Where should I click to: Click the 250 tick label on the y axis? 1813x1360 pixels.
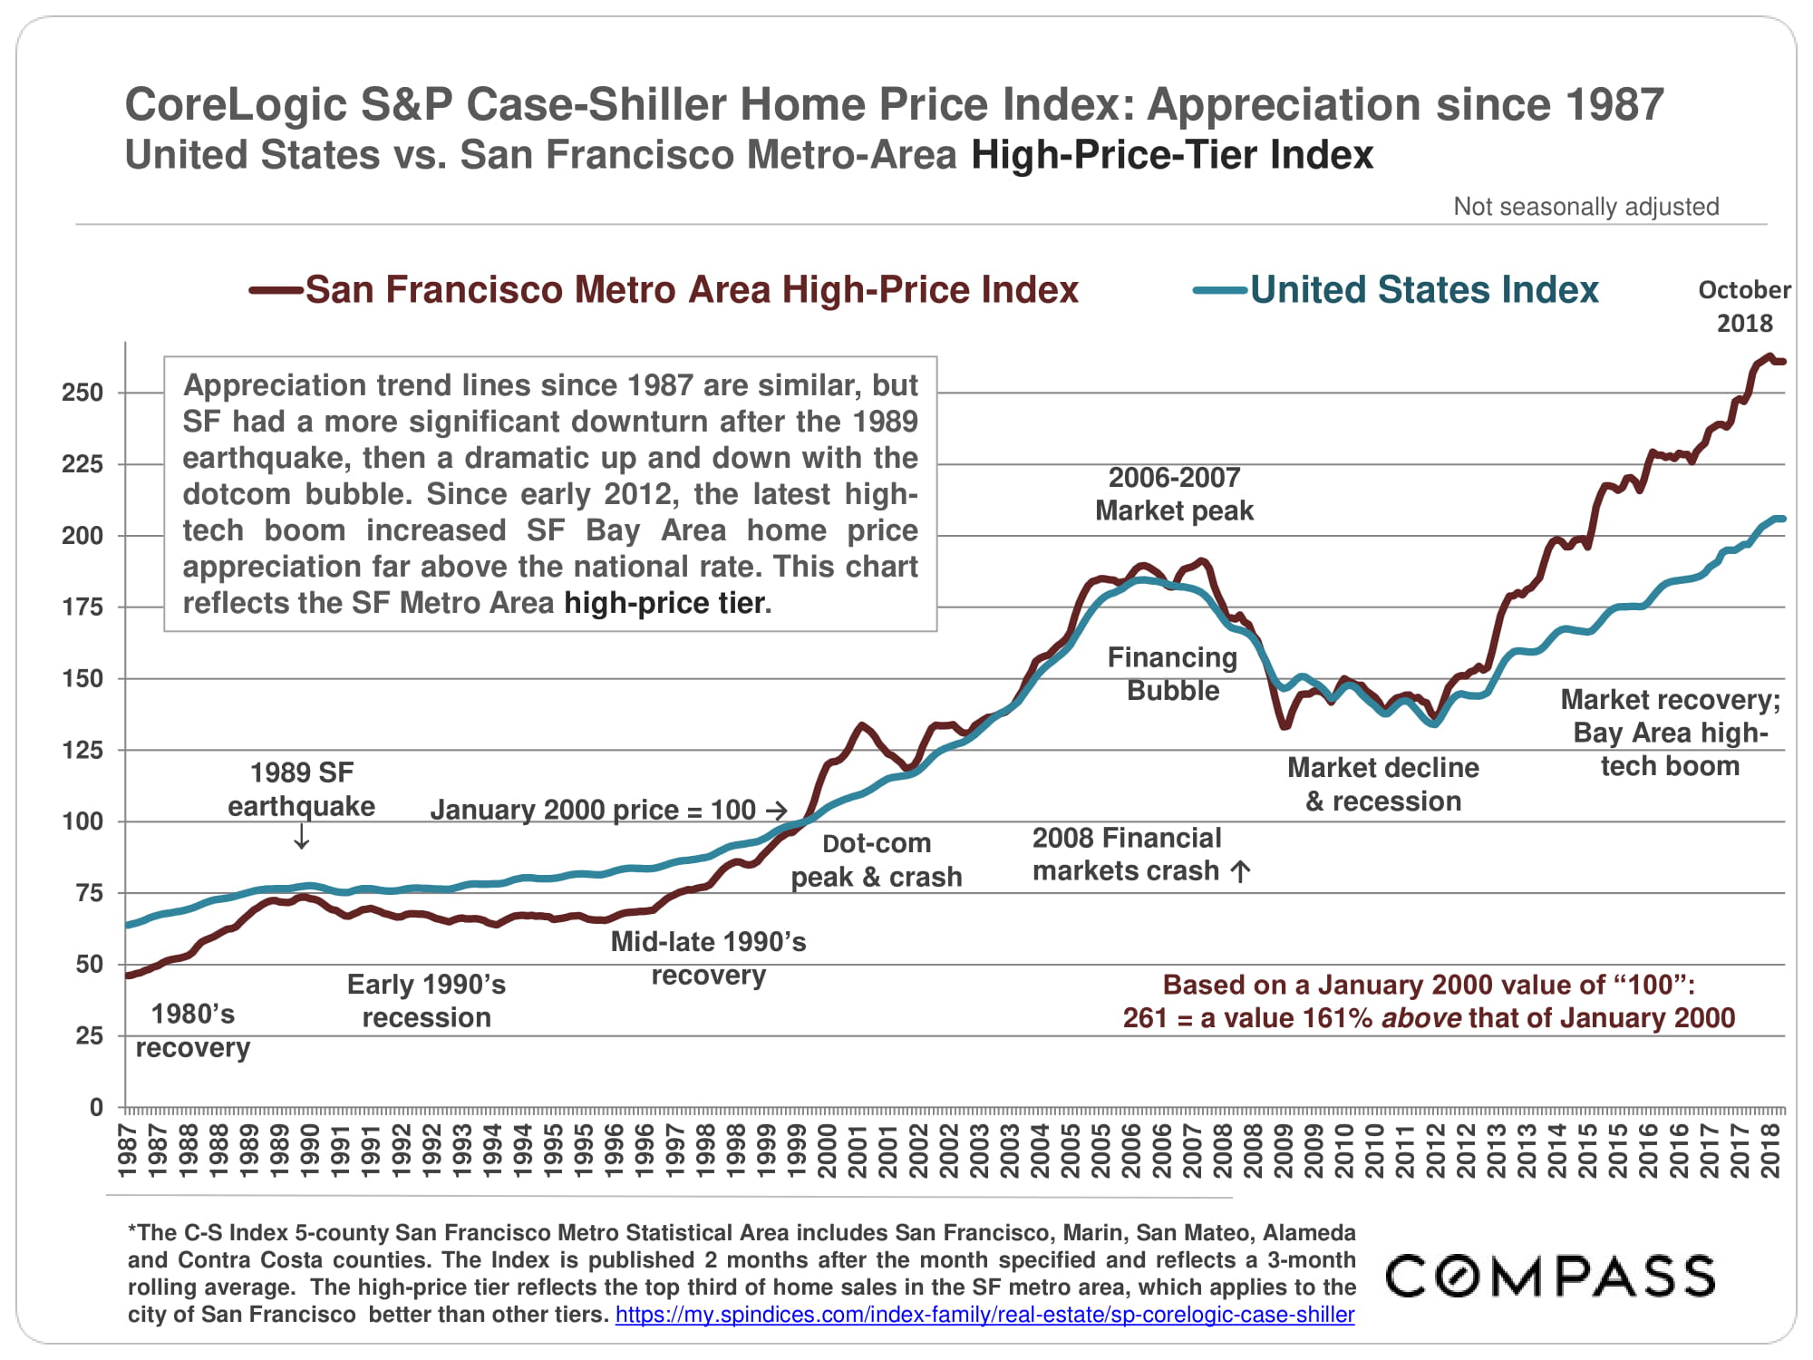tap(82, 393)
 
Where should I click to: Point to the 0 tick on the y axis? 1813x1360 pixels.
tap(96, 1107)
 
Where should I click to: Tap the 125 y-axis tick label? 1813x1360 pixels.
tap(82, 750)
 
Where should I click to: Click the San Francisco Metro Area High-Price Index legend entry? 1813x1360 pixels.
tap(664, 290)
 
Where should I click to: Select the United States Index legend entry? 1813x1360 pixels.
tap(1396, 290)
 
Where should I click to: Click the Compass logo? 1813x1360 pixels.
tap(1550, 1276)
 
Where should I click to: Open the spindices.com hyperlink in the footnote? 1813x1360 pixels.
tap(984, 1315)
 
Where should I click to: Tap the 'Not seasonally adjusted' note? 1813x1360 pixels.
tap(1585, 207)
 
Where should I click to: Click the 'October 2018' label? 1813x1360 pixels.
tap(1744, 306)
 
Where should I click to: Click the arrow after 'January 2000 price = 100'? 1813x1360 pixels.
tap(776, 810)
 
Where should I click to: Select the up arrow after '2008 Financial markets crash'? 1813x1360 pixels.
tap(1240, 871)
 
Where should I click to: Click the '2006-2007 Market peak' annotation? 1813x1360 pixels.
tap(1174, 494)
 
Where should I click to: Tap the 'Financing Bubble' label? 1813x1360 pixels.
tap(1172, 674)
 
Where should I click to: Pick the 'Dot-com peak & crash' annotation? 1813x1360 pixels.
tap(876, 860)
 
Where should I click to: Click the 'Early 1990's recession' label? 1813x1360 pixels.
tap(426, 1001)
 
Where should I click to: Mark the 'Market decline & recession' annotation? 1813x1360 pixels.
tap(1382, 784)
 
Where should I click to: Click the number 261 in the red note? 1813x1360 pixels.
tap(1144, 1018)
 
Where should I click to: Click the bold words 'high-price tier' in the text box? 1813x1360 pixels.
tap(666, 603)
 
